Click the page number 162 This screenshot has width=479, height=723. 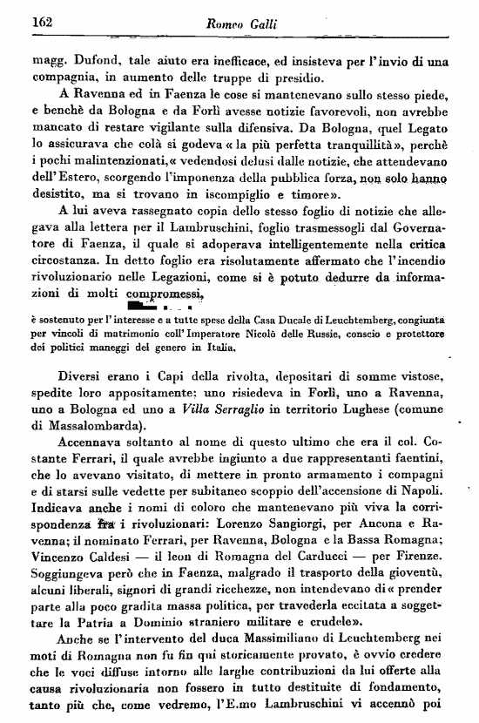coord(43,22)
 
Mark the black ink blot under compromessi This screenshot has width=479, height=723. coord(145,307)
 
